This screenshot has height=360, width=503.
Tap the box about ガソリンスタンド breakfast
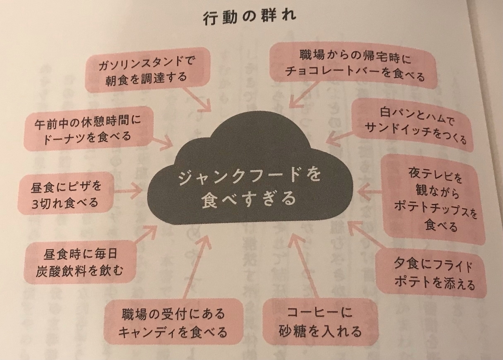click(x=148, y=70)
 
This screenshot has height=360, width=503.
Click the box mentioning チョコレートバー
click(x=353, y=66)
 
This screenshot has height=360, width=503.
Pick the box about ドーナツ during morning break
click(x=88, y=129)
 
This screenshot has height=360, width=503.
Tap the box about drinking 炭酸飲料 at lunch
click(x=80, y=262)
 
